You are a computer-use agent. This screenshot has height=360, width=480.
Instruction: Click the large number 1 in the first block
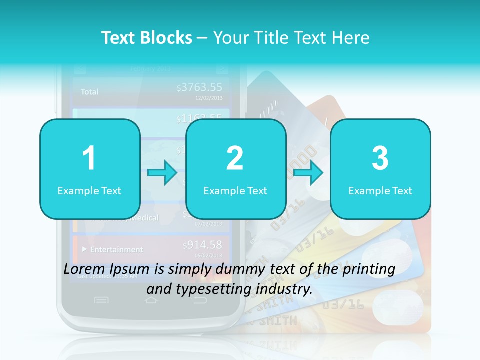89,158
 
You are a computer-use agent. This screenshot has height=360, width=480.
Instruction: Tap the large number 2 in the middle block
235,158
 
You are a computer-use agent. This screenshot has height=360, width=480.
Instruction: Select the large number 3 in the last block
380,158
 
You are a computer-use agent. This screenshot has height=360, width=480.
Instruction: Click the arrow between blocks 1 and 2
162,173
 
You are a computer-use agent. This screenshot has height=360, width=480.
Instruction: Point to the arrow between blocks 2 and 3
308,173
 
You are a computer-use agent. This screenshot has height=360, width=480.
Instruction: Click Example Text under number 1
89,190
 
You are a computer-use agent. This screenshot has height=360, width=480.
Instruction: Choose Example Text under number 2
235,190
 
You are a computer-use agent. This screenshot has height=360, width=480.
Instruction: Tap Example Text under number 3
380,190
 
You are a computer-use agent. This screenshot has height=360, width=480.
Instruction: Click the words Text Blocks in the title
147,38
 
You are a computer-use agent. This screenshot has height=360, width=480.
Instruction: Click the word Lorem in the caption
82,269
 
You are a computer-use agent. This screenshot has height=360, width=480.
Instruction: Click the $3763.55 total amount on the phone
200,88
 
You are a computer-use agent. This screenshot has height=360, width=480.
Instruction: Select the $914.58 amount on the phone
202,245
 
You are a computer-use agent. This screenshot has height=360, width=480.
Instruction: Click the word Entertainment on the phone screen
116,249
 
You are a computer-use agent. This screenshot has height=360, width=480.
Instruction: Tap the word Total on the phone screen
90,92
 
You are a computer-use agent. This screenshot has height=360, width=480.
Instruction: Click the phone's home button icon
151,300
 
